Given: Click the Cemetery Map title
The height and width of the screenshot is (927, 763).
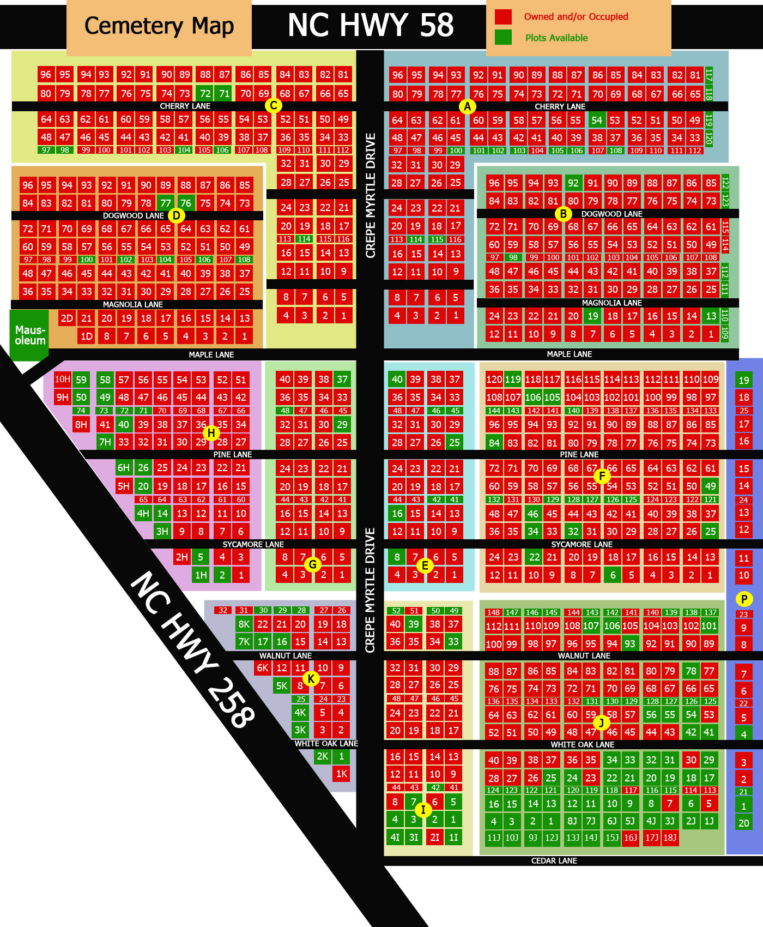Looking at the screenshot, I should (x=159, y=26).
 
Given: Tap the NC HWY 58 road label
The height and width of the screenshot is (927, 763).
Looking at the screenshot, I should (x=371, y=25).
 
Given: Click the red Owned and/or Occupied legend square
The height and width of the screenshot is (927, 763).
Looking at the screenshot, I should (x=503, y=17).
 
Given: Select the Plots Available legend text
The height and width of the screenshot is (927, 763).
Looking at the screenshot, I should (x=556, y=38).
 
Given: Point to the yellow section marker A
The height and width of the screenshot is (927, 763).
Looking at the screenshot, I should (x=467, y=106).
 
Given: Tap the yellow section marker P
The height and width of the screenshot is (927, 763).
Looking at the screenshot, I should (x=744, y=599).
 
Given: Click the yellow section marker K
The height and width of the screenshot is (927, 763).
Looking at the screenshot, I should (x=311, y=679).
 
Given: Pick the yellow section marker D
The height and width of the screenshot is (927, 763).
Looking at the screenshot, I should (x=177, y=215).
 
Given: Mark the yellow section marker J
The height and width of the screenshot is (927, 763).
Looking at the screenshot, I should (x=601, y=723).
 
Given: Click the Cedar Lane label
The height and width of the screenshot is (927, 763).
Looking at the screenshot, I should (x=554, y=860).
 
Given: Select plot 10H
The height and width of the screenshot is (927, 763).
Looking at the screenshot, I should (x=62, y=379).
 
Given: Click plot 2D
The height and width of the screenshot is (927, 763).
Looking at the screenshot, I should (x=67, y=318).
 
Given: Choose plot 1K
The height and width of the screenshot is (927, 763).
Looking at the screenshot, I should (x=342, y=773).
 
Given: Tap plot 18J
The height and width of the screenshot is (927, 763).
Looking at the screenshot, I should (x=669, y=837).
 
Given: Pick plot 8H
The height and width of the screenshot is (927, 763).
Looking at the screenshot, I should (x=81, y=424).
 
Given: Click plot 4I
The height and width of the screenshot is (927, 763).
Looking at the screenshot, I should (x=395, y=837).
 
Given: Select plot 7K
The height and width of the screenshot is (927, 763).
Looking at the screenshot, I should (x=244, y=642).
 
